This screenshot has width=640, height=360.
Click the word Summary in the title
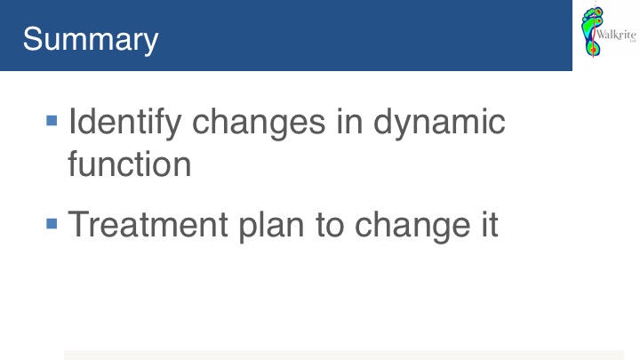(90, 40)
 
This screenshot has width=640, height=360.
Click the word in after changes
(349, 121)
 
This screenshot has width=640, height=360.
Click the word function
(130, 164)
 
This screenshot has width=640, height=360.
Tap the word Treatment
(148, 224)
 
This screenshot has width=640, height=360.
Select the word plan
(271, 226)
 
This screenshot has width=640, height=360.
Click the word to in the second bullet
(330, 225)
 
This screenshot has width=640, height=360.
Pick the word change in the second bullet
(412, 226)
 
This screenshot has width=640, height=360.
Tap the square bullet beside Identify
(52, 120)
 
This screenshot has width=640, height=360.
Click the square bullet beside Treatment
(52, 224)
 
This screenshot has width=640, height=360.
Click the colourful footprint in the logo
(592, 31)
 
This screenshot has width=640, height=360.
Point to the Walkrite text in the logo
(616, 35)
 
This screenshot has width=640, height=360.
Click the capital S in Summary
(33, 39)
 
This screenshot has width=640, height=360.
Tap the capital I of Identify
(71, 121)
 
